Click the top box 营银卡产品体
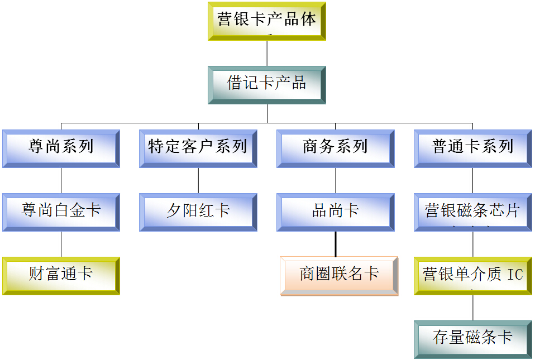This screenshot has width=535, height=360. click(266, 21)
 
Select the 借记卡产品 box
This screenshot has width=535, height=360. click(266, 85)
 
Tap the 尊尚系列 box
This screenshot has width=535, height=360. click(61, 148)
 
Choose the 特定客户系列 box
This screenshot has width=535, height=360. click(198, 148)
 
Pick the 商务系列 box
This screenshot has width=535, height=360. click(335, 148)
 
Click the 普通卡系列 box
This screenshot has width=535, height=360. click(472, 148)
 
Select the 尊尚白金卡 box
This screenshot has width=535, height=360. click(61, 212)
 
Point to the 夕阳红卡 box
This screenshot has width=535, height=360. click(198, 212)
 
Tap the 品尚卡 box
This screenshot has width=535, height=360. click(335, 212)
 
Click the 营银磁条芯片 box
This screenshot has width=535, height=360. click(472, 212)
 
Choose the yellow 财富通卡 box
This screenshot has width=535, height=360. click(61, 275)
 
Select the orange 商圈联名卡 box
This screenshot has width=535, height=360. click(339, 275)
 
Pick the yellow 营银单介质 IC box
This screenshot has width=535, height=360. click(472, 275)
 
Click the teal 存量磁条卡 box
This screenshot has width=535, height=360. click(472, 339)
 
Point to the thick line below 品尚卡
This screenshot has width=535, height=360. click(336, 244)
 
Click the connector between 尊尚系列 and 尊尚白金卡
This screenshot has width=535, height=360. click(61, 180)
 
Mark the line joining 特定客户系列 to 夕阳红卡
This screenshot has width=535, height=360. click(198, 180)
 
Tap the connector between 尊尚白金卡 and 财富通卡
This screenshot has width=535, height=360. click(61, 244)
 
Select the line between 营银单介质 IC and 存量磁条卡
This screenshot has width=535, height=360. click(473, 308)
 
